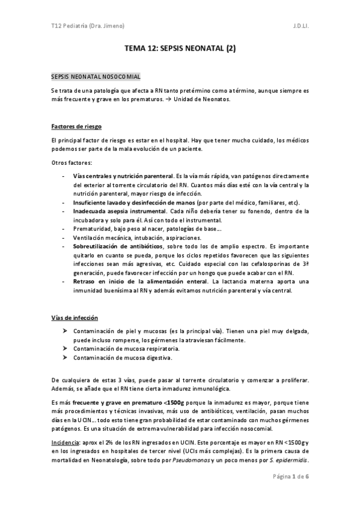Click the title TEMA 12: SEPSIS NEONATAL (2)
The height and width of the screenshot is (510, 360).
coord(180,52)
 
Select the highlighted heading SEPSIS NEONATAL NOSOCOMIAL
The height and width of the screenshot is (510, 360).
coord(96,77)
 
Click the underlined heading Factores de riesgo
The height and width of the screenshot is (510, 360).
coord(76,127)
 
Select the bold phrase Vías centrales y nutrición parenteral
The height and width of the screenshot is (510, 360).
coord(119,176)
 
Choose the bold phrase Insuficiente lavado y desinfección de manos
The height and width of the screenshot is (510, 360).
coord(123,203)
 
